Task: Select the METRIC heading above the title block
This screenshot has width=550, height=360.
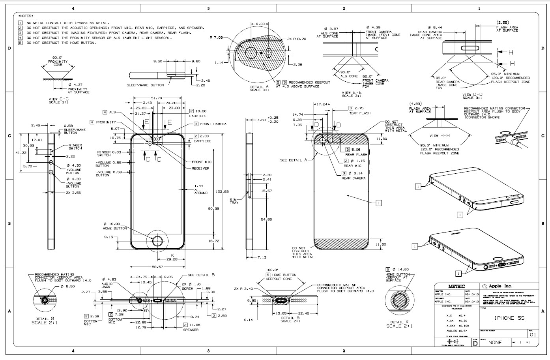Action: click(x=456, y=286)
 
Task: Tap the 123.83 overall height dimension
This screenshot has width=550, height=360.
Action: click(x=222, y=191)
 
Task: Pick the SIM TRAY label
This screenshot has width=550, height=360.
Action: click(x=234, y=201)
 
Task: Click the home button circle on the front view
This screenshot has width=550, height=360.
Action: click(x=157, y=240)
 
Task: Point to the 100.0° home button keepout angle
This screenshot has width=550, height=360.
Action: click(x=272, y=270)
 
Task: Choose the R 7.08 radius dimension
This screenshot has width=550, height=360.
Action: click(x=216, y=37)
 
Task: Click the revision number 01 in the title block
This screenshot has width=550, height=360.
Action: click(x=533, y=334)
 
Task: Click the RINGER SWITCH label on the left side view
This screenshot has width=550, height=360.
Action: click(x=75, y=146)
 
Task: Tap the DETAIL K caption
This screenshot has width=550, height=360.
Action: click(x=399, y=322)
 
